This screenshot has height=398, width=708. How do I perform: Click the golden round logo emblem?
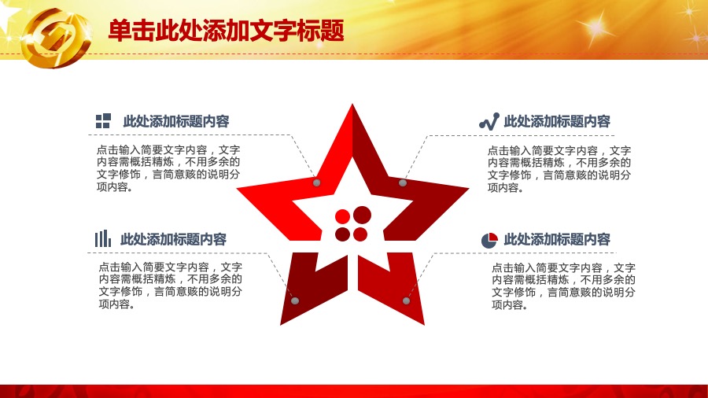pyautogui.click(x=57, y=38)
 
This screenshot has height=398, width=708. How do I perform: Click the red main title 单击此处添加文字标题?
pyautogui.click(x=227, y=31)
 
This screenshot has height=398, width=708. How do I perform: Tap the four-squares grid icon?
pyautogui.click(x=103, y=121)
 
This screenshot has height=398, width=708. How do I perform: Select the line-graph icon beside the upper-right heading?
pyautogui.click(x=489, y=121)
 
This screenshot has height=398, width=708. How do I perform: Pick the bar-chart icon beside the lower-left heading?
pyautogui.click(x=103, y=238)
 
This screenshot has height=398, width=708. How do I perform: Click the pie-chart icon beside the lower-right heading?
pyautogui.click(x=489, y=241)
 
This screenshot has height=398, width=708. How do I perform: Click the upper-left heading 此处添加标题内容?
pyautogui.click(x=176, y=121)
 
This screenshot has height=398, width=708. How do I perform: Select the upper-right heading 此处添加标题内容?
pyautogui.click(x=557, y=121)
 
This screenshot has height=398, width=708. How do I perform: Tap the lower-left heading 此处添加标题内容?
pyautogui.click(x=173, y=239)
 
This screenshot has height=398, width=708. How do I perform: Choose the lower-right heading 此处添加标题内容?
pyautogui.click(x=557, y=239)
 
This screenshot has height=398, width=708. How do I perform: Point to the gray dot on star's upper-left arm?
pyautogui.click(x=316, y=182)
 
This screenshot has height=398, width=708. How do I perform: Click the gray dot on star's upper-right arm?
pyautogui.click(x=403, y=182)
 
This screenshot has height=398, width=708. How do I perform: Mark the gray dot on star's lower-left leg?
pyautogui.click(x=295, y=300)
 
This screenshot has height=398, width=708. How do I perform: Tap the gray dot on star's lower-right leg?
pyautogui.click(x=407, y=300)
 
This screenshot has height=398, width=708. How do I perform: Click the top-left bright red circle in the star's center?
pyautogui.click(x=343, y=216)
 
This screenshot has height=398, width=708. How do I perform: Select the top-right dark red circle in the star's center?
pyautogui.click(x=362, y=215)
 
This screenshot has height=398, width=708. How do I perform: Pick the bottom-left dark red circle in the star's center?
pyautogui.click(x=343, y=234)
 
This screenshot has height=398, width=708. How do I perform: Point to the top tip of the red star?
pyautogui.click(x=352, y=105)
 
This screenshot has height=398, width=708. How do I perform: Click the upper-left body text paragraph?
pyautogui.click(x=168, y=168)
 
